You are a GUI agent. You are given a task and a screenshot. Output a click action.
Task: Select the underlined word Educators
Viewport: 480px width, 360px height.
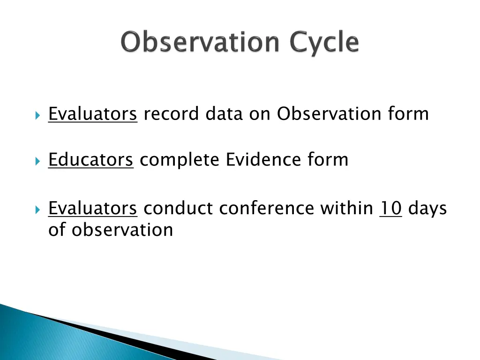pos(91,160)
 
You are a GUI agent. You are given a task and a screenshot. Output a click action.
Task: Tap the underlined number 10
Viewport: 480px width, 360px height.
pos(390,208)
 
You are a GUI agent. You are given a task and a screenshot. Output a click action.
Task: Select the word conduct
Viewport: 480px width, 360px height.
pos(178,208)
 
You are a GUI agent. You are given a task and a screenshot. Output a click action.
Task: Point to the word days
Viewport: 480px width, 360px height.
pos(427,208)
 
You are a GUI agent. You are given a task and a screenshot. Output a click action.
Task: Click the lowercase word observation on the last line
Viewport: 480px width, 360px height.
pos(122,230)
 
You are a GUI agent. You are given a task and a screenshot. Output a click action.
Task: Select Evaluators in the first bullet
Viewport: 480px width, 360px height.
pos(92,114)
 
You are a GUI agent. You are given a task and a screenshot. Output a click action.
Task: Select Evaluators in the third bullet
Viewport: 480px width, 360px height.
pos(92,208)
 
